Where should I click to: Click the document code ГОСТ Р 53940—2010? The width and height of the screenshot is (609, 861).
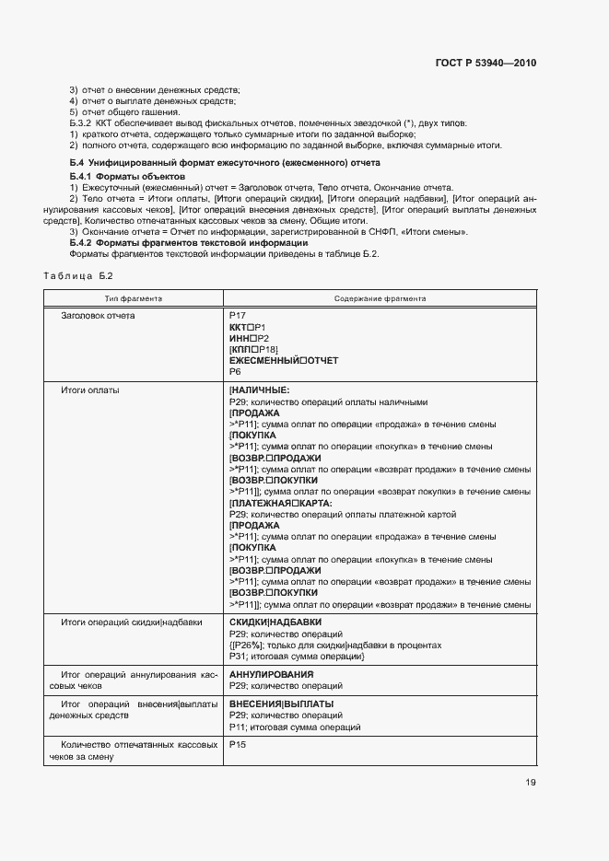point(485,64)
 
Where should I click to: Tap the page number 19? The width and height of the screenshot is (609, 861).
point(530,783)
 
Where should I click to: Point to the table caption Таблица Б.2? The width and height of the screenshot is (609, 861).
point(77,276)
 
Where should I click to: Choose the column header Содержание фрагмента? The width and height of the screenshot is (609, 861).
point(380,298)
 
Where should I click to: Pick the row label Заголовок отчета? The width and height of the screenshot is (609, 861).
point(98,316)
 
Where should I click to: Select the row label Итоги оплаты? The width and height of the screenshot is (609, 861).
point(89,390)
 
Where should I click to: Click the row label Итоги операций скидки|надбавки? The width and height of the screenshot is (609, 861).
point(132,622)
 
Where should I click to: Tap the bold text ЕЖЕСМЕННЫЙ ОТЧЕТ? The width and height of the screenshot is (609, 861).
point(283,360)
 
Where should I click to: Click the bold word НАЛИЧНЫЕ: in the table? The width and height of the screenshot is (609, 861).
point(260,390)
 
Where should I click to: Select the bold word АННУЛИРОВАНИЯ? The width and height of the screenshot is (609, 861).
point(271,675)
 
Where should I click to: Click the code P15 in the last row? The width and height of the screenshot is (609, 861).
point(237,744)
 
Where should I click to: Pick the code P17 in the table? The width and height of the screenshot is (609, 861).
point(237,316)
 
